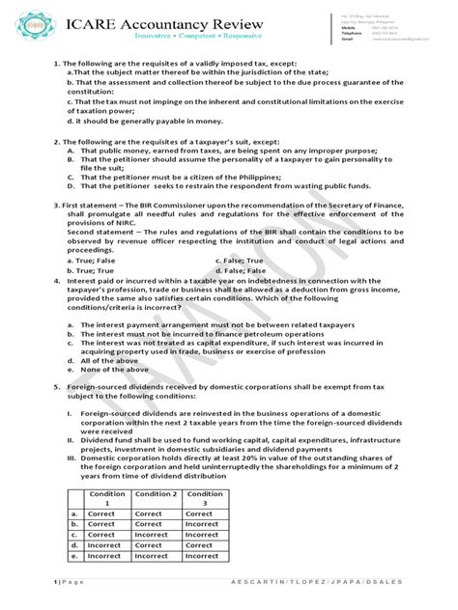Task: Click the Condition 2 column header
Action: click(x=155, y=499)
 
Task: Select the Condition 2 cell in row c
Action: click(x=155, y=536)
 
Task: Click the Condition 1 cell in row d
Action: click(x=107, y=546)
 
